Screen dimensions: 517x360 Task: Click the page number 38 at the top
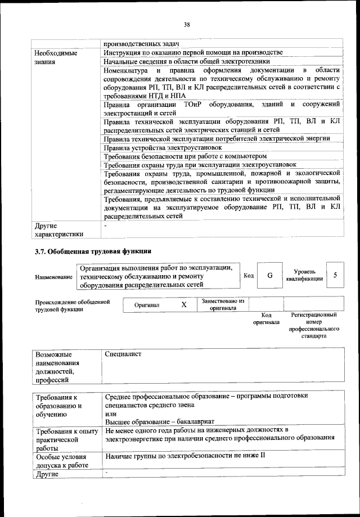[187, 24]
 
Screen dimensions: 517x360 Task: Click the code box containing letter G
[270, 276]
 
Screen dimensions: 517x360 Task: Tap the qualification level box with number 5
[335, 276]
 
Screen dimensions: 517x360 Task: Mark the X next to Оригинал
[183, 305]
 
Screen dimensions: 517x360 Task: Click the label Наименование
[53, 277]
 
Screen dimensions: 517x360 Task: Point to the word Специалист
[123, 354]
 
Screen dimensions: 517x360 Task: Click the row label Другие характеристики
[59, 230]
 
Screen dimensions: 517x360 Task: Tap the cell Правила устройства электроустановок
[159, 148]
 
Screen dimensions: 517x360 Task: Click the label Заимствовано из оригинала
[223, 304]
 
